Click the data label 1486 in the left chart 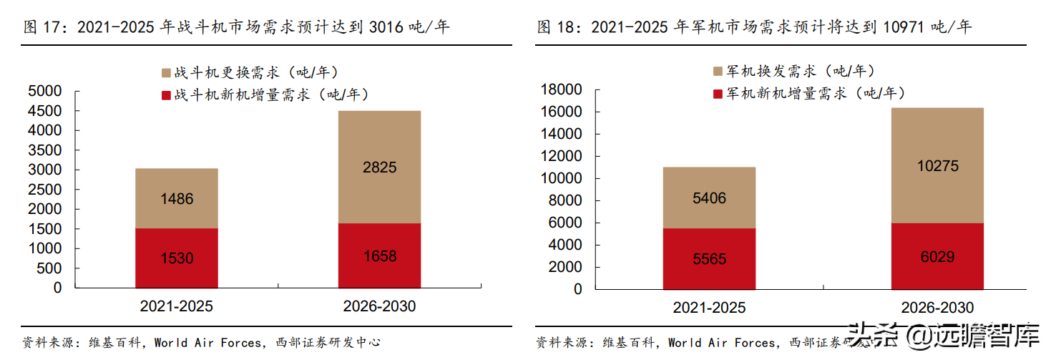pyautogui.click(x=176, y=199)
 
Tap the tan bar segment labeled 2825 pyautogui.click(x=379, y=167)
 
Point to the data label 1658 pyautogui.click(x=379, y=256)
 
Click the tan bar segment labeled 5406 pyautogui.click(x=709, y=198)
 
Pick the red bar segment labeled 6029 pyautogui.click(x=937, y=256)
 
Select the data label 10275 pyautogui.click(x=937, y=166)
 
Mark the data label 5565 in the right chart pyautogui.click(x=709, y=259)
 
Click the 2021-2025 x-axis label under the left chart pyautogui.click(x=176, y=307)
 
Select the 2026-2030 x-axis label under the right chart pyautogui.click(x=937, y=307)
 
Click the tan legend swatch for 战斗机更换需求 pyautogui.click(x=167, y=73)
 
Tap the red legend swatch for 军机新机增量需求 pyautogui.click(x=718, y=94)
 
